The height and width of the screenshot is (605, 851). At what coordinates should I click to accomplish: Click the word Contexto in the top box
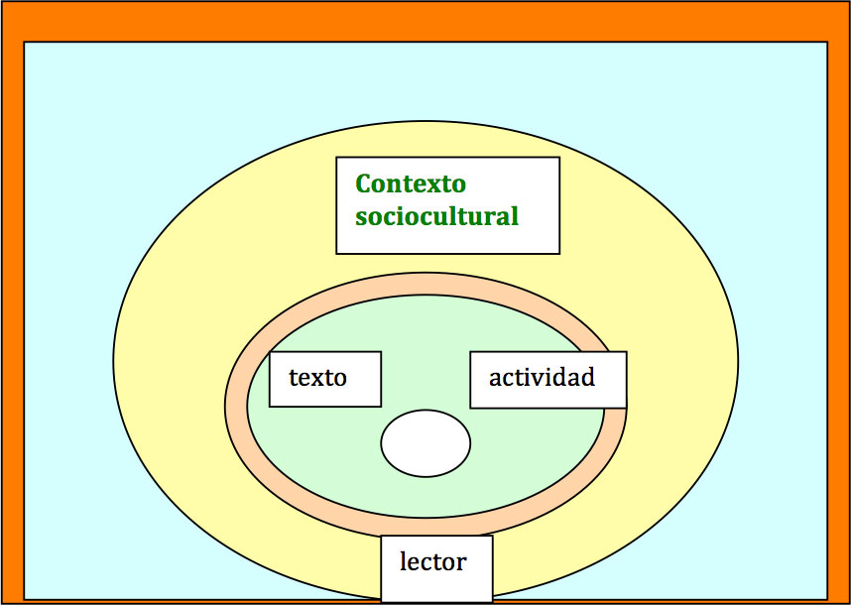(411, 183)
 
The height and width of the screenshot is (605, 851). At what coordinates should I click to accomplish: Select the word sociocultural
(436, 216)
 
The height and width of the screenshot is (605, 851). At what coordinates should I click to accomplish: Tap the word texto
(317, 377)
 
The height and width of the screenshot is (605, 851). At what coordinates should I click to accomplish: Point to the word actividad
(542, 377)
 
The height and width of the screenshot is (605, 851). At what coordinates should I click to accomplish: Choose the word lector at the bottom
(432, 561)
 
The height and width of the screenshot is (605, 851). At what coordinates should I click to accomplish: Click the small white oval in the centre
(425, 443)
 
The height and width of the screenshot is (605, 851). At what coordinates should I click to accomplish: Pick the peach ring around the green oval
(236, 405)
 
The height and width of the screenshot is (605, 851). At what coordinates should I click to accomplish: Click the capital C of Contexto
(364, 183)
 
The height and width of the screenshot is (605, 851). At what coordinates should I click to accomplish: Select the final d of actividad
(588, 377)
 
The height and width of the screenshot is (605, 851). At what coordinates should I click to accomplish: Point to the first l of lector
(403, 561)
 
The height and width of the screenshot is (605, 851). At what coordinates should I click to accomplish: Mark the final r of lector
(462, 564)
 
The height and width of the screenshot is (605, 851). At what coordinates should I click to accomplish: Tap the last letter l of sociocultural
(515, 215)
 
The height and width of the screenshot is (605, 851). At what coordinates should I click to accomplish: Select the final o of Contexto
(459, 186)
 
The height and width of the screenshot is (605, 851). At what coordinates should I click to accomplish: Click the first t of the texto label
(293, 378)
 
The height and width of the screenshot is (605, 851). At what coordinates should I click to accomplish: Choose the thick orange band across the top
(425, 22)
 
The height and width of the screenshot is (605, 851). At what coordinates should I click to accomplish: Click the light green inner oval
(325, 461)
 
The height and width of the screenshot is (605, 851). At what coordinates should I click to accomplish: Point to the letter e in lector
(415, 564)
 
